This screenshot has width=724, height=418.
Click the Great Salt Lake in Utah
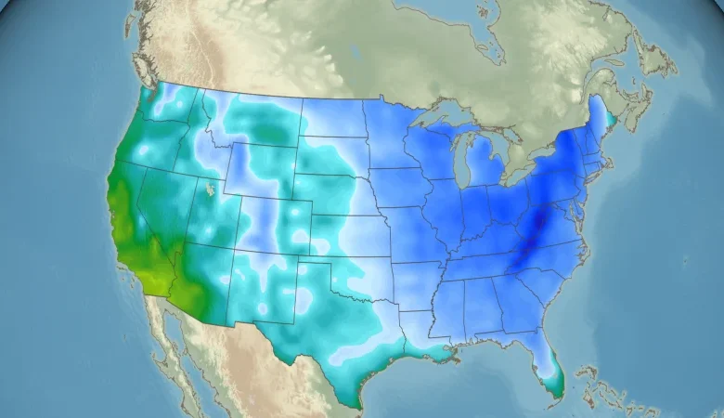(x=211, y=189)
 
